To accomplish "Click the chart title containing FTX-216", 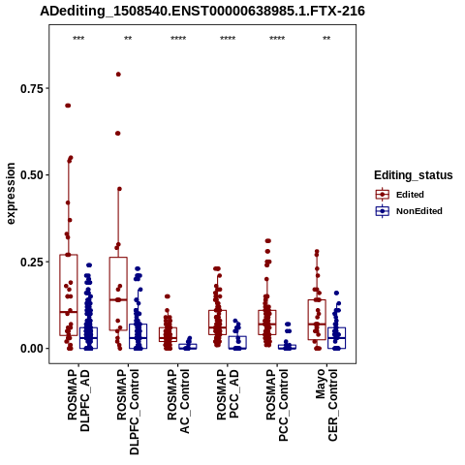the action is tap(202, 11).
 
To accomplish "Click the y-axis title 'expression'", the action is tap(11, 194).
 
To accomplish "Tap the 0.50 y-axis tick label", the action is tap(32, 175).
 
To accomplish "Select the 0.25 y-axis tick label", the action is tap(32, 262).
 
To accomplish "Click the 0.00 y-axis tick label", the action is tap(32, 349).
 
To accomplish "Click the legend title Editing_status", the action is tap(414, 175).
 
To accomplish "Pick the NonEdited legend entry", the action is tap(409, 211).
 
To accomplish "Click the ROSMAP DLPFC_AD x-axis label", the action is tap(78, 400).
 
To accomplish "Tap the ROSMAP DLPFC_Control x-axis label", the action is tap(128, 412).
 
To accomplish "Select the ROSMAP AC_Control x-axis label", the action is tap(178, 401).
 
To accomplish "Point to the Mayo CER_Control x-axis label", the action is tap(326, 405).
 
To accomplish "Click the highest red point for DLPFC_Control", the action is tap(118, 75).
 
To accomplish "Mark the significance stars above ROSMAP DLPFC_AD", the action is tap(78, 39).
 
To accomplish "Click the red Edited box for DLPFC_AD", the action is tap(69, 295).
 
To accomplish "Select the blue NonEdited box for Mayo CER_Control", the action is tap(336, 338).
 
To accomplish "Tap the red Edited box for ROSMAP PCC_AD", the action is tap(217, 323).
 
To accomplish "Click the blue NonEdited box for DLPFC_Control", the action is tap(138, 336).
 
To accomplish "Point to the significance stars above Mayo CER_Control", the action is tap(326, 39).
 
